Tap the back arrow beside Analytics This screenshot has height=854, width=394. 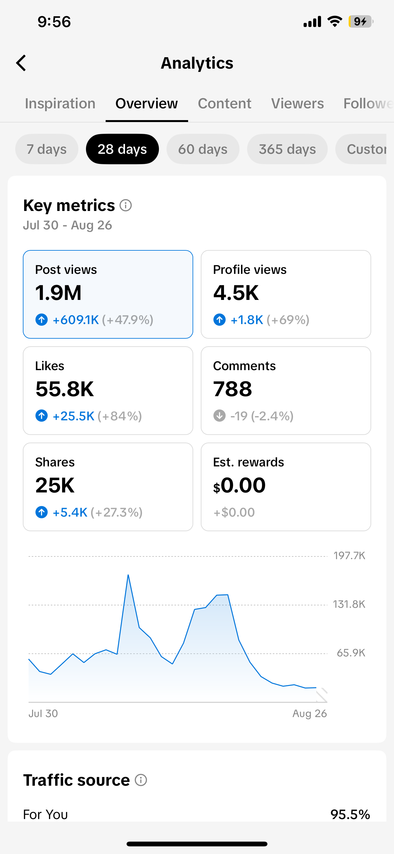[21, 63]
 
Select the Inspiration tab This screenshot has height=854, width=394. [60, 104]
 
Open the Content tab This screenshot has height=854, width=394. [225, 104]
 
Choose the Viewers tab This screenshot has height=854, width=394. [297, 104]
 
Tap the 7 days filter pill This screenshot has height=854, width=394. [47, 149]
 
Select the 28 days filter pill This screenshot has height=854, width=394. [122, 149]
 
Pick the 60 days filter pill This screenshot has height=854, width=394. [203, 149]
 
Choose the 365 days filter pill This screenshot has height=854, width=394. [287, 149]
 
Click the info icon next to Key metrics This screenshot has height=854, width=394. [126, 206]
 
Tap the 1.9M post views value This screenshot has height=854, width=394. [58, 293]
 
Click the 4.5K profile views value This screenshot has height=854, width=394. [236, 293]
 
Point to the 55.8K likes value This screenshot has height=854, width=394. [65, 389]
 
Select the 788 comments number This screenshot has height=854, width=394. [233, 389]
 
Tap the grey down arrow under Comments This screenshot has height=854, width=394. [219, 416]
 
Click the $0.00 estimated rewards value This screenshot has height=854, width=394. [239, 485]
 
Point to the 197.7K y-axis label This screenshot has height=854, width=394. [349, 556]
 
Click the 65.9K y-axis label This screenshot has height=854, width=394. [351, 653]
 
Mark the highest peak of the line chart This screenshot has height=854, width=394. [128, 575]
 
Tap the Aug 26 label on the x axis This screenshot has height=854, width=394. [310, 714]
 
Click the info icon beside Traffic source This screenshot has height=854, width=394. [141, 780]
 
